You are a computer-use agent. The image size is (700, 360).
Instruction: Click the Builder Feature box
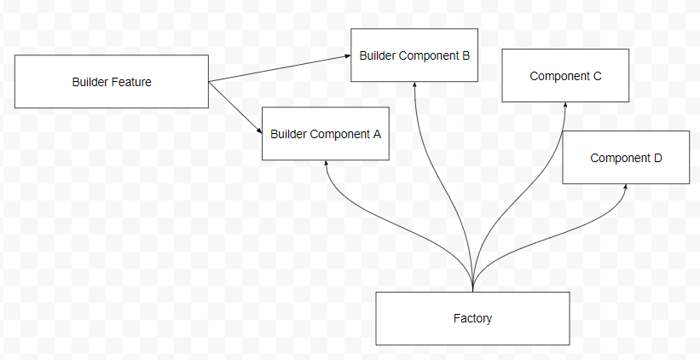pyautogui.click(x=111, y=82)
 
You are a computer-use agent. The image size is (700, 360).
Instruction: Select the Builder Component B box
pyautogui.click(x=414, y=55)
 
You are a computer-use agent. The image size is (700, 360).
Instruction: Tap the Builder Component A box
pyautogui.click(x=325, y=134)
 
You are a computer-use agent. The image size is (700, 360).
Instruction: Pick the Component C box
pyautogui.click(x=565, y=76)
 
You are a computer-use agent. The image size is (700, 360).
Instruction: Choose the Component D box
pyautogui.click(x=626, y=158)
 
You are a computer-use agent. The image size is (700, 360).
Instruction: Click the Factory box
pyautogui.click(x=472, y=318)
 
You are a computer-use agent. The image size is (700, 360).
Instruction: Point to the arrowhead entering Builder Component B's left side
pyautogui.click(x=347, y=55)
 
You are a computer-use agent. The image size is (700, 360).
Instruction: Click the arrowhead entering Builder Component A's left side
pyautogui.click(x=257, y=131)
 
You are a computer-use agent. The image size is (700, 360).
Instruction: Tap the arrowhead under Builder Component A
pyautogui.click(x=326, y=165)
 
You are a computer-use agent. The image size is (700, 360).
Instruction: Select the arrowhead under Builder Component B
pyautogui.click(x=415, y=86)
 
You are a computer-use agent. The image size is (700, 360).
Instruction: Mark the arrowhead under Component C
pyautogui.click(x=566, y=107)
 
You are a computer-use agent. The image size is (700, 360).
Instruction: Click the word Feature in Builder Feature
pyautogui.click(x=131, y=82)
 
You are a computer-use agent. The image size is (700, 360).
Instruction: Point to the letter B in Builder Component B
pyautogui.click(x=466, y=55)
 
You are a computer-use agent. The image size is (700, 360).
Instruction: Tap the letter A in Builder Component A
pyautogui.click(x=376, y=134)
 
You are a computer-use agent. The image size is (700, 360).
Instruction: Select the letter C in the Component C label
pyautogui.click(x=597, y=76)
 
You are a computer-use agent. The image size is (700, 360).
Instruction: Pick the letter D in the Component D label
pyautogui.click(x=657, y=158)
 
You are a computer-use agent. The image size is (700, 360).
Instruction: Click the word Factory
pyautogui.click(x=472, y=318)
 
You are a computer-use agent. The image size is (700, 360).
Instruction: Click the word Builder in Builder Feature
pyautogui.click(x=90, y=82)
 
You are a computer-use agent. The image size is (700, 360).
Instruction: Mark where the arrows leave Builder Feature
pyautogui.click(x=209, y=82)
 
